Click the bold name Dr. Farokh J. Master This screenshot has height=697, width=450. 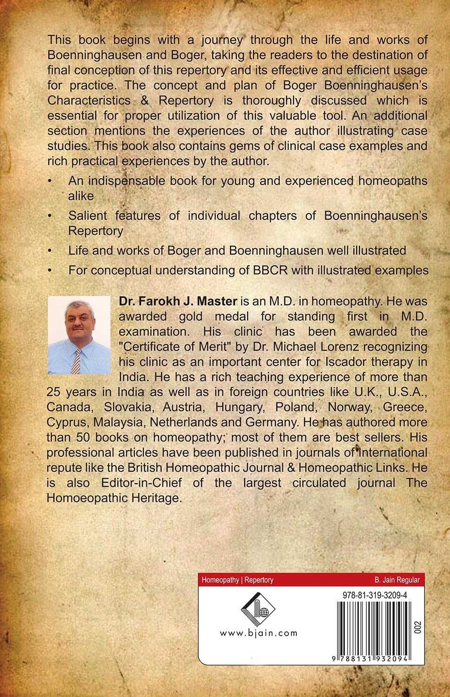178,301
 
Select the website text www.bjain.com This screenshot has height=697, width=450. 258,633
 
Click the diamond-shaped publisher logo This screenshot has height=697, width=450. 258,609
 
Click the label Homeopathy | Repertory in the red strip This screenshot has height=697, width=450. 237,580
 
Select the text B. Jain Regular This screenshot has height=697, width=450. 397,580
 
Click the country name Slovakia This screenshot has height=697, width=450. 128,407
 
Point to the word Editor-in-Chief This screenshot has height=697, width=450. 142,483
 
